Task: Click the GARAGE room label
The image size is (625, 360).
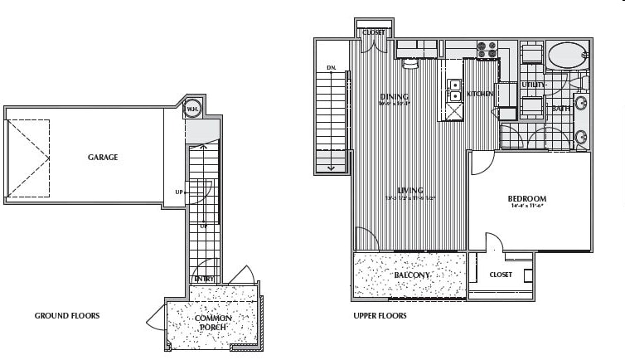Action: tap(104, 158)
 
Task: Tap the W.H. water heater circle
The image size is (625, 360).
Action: tap(192, 109)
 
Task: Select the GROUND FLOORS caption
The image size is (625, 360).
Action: tap(67, 316)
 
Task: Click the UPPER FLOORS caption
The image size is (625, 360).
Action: tap(379, 316)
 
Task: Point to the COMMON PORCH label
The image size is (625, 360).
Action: tap(214, 323)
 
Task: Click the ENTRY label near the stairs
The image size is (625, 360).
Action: tap(204, 279)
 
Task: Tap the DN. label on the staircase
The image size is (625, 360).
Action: tap(331, 68)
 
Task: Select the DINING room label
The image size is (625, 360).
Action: tap(395, 97)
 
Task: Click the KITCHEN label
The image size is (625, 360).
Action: tap(481, 95)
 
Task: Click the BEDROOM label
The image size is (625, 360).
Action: tap(527, 199)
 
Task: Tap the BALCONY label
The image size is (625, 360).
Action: tap(410, 275)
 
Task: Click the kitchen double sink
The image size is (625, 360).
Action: tap(454, 90)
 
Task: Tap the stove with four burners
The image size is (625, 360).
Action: tap(487, 51)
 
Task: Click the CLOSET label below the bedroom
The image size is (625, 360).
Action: tap(501, 275)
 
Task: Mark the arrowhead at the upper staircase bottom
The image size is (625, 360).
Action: tap(332, 169)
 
